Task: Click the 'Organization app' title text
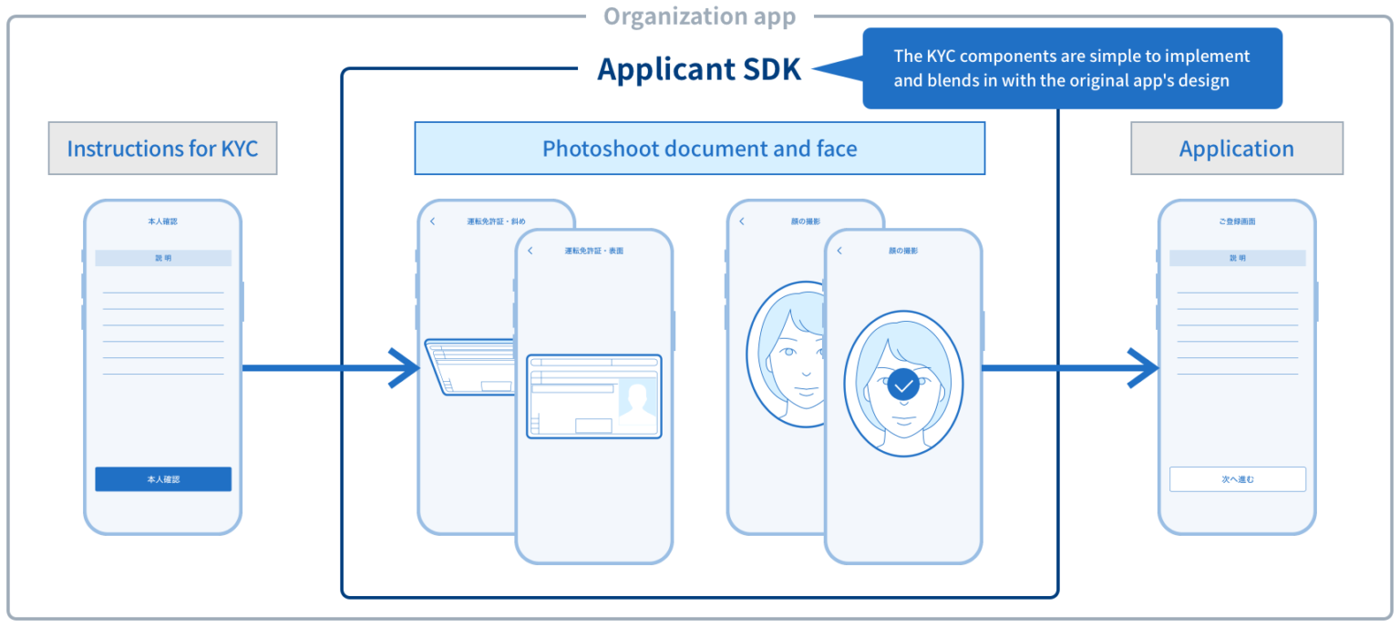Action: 699,16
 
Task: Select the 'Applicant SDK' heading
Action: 699,69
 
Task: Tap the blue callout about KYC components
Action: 1072,68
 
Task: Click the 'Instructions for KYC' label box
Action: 162,149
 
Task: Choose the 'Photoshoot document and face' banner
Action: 699,149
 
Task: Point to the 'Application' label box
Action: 1236,149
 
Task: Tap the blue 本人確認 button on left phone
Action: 163,479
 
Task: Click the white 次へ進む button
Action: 1237,479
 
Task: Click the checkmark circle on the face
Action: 903,385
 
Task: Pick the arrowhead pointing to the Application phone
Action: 1143,368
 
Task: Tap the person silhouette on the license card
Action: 637,401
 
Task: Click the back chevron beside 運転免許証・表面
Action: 530,251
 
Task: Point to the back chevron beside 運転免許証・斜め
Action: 433,221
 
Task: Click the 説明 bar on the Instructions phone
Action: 163,259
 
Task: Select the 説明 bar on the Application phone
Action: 1237,259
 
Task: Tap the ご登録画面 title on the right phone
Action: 1237,221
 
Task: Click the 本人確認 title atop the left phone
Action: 163,221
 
